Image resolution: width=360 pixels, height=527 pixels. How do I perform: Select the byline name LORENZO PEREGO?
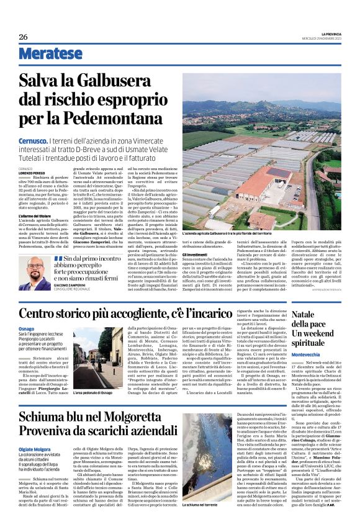[31, 172]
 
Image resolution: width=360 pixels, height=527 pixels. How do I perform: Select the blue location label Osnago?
[26, 328]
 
